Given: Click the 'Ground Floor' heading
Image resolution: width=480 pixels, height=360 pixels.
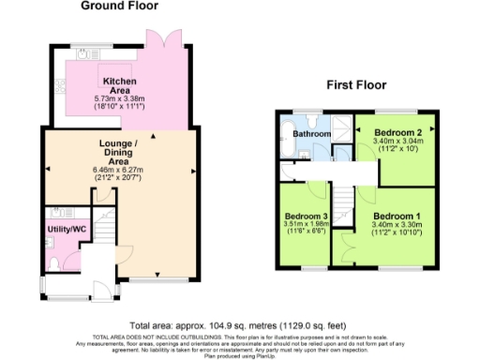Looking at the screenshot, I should click(x=117, y=6).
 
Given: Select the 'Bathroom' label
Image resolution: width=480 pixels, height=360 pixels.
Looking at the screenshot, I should click(x=312, y=134).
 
